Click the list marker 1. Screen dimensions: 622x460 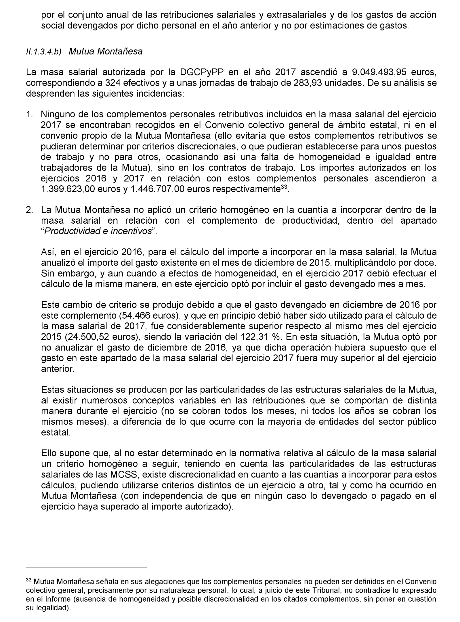pos(30,114)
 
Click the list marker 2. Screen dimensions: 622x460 pos(30,210)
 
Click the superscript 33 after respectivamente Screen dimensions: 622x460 pos(283,187)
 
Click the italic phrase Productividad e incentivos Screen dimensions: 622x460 pos(98,231)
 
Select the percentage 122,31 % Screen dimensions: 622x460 pos(260,337)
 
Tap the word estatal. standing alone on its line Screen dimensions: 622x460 pos(56,432)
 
